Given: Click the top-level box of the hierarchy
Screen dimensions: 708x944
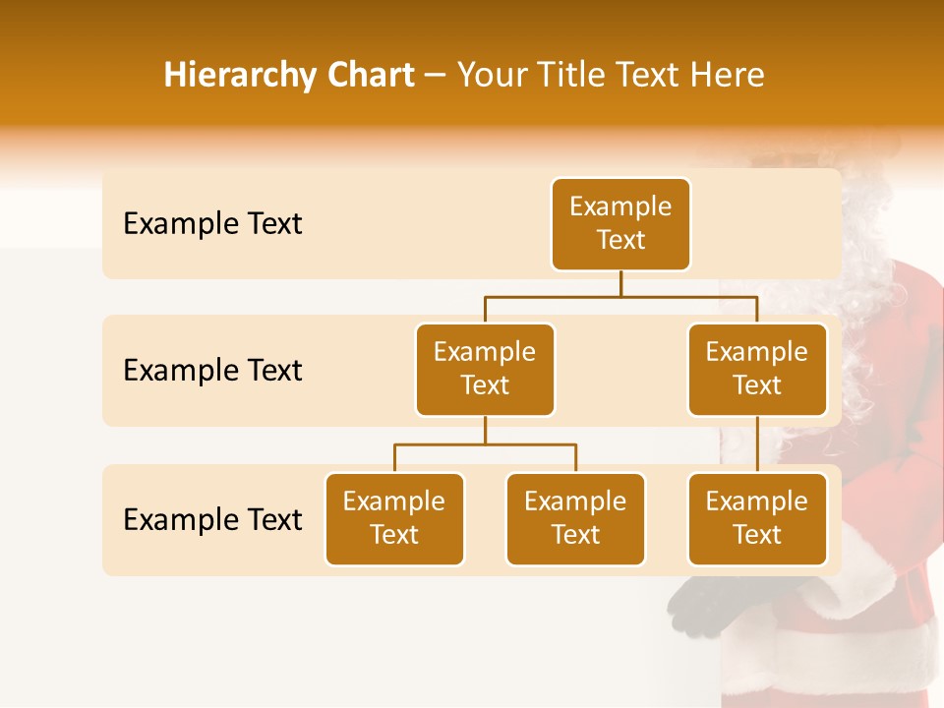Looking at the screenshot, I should point(620,224).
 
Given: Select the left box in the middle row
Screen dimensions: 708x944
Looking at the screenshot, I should point(485,370).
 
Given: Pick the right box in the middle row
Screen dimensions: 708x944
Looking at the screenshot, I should point(757,370).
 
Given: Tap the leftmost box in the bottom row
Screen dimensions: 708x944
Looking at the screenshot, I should point(394,519).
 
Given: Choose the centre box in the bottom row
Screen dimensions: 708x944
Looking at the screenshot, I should point(575,519).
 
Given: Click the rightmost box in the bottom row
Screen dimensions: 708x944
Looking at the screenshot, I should point(757,519).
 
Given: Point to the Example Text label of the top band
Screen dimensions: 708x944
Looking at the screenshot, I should point(212,224).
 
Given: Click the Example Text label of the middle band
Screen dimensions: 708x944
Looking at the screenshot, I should point(212,371).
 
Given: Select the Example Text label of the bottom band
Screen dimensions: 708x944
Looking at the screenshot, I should point(212,519).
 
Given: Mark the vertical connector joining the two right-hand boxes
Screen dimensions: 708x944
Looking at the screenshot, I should point(757,444).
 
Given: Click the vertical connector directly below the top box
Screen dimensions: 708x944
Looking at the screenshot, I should point(620,283).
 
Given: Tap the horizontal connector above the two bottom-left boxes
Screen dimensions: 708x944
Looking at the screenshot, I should point(485,444).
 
